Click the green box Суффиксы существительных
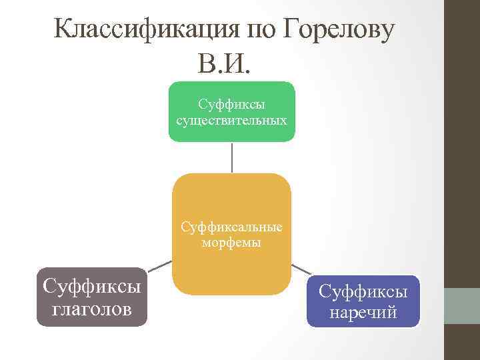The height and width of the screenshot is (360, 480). point(231,111)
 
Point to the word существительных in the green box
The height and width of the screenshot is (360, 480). point(231,121)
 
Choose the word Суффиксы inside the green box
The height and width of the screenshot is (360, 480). point(231,105)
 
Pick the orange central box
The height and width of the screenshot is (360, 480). point(231,200)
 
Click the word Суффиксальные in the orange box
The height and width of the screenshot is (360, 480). point(231,227)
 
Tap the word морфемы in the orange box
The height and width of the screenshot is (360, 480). point(231,243)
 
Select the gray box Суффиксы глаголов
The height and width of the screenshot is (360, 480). point(92,297)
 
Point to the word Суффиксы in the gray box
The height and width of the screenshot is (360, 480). point(92,287)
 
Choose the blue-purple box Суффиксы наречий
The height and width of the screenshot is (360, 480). point(363,301)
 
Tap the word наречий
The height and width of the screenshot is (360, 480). point(363,312)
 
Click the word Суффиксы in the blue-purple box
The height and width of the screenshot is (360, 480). point(363,291)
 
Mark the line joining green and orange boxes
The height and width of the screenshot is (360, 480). point(231,157)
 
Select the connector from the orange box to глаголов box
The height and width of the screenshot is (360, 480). point(159,265)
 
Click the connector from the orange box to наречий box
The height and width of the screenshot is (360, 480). point(301,269)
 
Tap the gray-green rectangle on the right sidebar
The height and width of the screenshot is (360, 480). point(461,306)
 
